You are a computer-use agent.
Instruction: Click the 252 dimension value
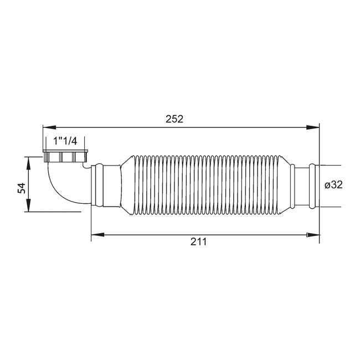point(174,119)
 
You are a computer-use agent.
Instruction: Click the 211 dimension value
point(198,241)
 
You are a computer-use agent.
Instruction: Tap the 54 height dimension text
point(22,188)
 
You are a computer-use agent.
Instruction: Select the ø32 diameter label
point(333,184)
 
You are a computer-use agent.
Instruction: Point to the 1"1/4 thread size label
point(65,141)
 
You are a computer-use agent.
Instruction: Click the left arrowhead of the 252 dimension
point(50,127)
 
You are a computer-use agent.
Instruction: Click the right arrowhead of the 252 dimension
point(313,127)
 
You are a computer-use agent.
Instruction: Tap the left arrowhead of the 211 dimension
point(97,235)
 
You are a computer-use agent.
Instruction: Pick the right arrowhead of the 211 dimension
point(313,235)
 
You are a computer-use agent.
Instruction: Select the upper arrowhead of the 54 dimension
point(28,163)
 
